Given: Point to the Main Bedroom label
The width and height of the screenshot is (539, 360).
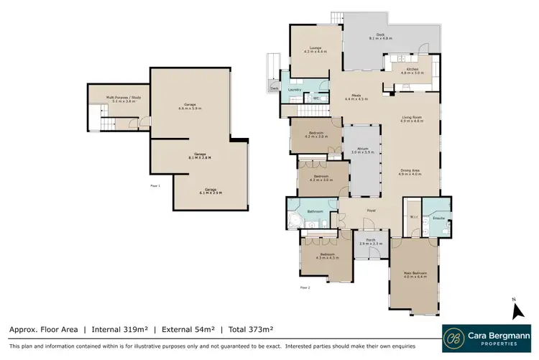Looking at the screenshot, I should pyautogui.click(x=415, y=274).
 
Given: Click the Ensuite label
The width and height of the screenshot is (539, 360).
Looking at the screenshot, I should pyautogui.click(x=436, y=218).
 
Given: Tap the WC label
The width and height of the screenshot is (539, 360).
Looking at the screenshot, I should pyautogui.click(x=315, y=98).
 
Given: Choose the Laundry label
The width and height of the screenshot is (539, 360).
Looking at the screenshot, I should pyautogui.click(x=293, y=89).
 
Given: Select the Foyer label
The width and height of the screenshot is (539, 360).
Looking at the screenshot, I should pyautogui.click(x=372, y=210).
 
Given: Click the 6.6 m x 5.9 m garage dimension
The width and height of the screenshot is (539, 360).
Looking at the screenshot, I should pyautogui.click(x=190, y=109).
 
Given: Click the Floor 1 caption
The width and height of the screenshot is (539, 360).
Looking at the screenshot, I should pyautogui.click(x=155, y=185).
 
